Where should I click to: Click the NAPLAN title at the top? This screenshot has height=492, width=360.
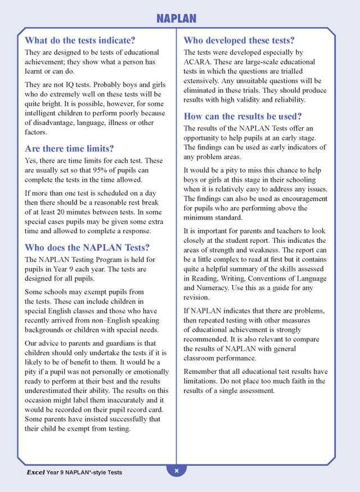click(176, 19)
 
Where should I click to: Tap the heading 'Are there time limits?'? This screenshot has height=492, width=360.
click(69, 148)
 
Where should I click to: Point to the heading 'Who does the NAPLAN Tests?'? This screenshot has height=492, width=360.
click(87, 247)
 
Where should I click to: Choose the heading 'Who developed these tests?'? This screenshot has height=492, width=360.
click(239, 40)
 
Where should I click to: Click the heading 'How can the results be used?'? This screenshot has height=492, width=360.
click(242, 116)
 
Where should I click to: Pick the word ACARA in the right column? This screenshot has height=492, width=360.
click(196, 62)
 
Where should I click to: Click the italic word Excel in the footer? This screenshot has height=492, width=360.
click(35, 472)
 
